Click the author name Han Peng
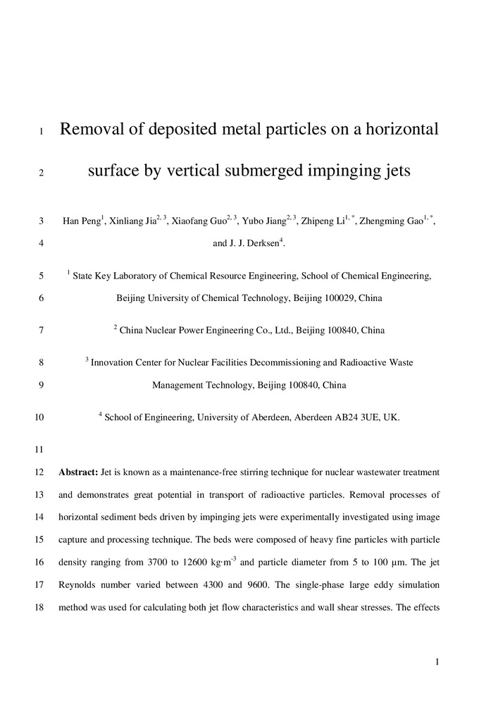click(x=79, y=221)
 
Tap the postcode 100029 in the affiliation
click(x=338, y=298)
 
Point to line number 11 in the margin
click(x=39, y=450)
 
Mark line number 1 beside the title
click(x=42, y=131)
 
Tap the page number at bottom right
click(x=437, y=661)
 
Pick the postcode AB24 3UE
click(x=354, y=417)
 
